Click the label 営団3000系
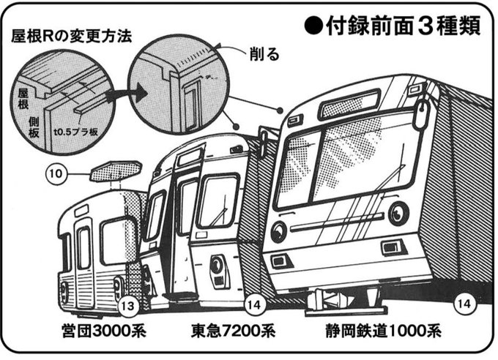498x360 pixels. tap(103, 330)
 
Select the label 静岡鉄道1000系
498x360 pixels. tap(383, 330)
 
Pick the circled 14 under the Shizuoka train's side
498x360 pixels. tap(464, 300)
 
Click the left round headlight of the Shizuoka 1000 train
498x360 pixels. tap(278, 232)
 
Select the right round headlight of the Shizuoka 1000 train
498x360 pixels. tap(398, 213)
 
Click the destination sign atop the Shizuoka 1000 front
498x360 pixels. tap(350, 104)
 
